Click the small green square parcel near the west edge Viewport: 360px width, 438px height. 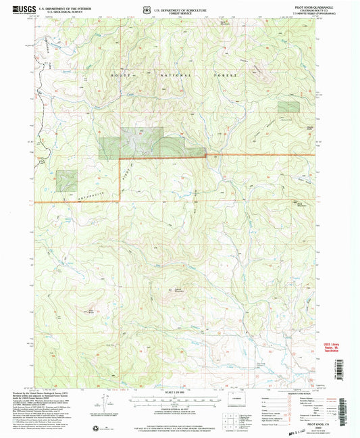click(x=66, y=180)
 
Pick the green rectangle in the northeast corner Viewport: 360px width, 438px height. click(x=288, y=107)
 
